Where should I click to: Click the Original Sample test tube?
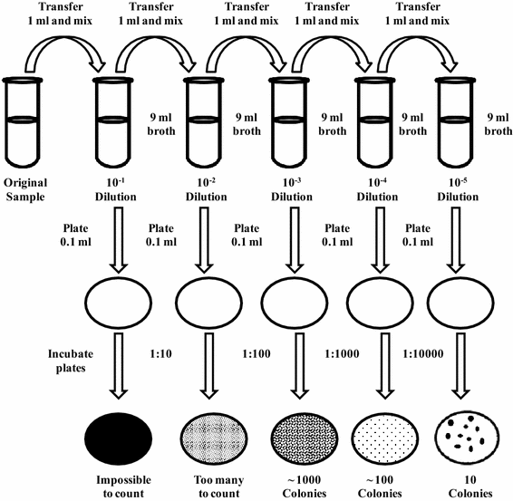23,122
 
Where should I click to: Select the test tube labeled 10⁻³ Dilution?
289,122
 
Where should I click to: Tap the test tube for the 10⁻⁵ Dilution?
455,122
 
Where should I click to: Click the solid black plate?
119,438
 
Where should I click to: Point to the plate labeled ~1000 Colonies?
304,438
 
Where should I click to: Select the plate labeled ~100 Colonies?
385,438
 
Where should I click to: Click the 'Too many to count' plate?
213,438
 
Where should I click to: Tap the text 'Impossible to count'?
123,487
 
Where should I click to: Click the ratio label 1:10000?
422,354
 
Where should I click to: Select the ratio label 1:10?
160,354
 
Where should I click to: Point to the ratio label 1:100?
256,354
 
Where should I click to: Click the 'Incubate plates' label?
71,361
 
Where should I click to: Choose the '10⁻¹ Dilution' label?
115,189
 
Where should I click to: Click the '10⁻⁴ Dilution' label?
377,189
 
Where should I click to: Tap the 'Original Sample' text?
25,189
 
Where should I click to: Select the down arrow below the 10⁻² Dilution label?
204,240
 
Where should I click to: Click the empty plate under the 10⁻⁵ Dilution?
460,303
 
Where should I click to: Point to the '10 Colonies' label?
470,487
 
